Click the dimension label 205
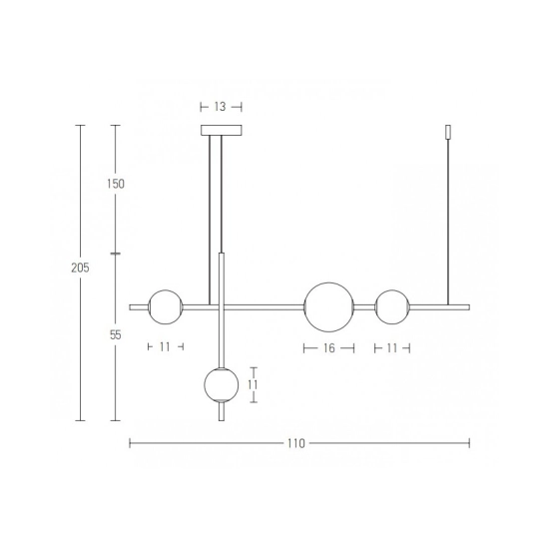[80, 268]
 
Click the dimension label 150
[116, 184]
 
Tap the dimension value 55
[115, 335]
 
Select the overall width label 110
[296, 443]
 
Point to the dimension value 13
[220, 107]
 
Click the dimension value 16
[329, 348]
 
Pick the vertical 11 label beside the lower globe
[253, 384]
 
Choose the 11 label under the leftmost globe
[165, 347]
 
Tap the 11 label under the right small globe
[392, 348]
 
